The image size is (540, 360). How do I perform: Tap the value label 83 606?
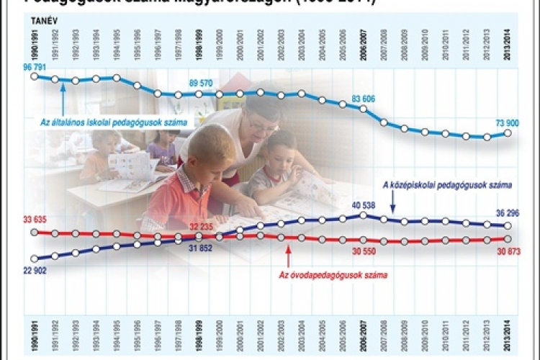tap(366, 99)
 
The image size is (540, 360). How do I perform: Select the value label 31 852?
tap(201, 248)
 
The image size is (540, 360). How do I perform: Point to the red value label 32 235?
tap(201, 225)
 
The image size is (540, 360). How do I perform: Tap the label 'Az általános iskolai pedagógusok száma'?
tap(113, 122)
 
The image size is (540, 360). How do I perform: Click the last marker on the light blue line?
tap(508, 132)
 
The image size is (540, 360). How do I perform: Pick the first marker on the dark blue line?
tap(34, 258)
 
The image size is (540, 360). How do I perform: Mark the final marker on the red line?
tap(508, 238)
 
